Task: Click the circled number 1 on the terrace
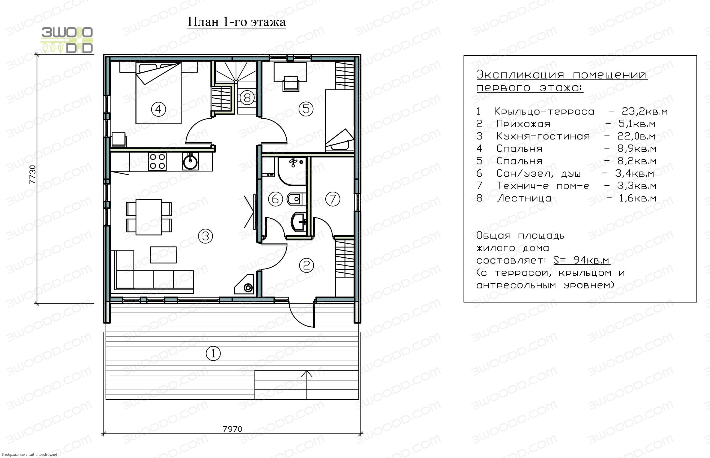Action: coord(213,354)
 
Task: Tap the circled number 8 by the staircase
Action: coord(247,98)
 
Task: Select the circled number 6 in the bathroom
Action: coord(275,199)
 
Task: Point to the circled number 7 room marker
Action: coord(332,199)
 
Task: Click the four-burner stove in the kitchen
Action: coord(158,161)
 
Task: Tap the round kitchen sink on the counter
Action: coord(190,161)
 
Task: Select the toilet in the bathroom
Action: coord(295,199)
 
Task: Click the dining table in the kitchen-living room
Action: coord(149,217)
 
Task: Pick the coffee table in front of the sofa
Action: coord(163,255)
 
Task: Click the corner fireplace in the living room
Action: coord(245,285)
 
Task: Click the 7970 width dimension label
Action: coord(232,429)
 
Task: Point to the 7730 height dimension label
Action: coord(32,175)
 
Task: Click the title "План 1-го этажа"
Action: coord(237,22)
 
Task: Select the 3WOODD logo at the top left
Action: coord(67,40)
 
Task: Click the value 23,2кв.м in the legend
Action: coord(644,112)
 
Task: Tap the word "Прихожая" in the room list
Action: coord(523,124)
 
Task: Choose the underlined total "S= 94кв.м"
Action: coord(581,260)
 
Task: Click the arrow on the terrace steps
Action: coord(307,385)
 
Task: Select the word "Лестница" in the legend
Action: coord(524,198)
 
